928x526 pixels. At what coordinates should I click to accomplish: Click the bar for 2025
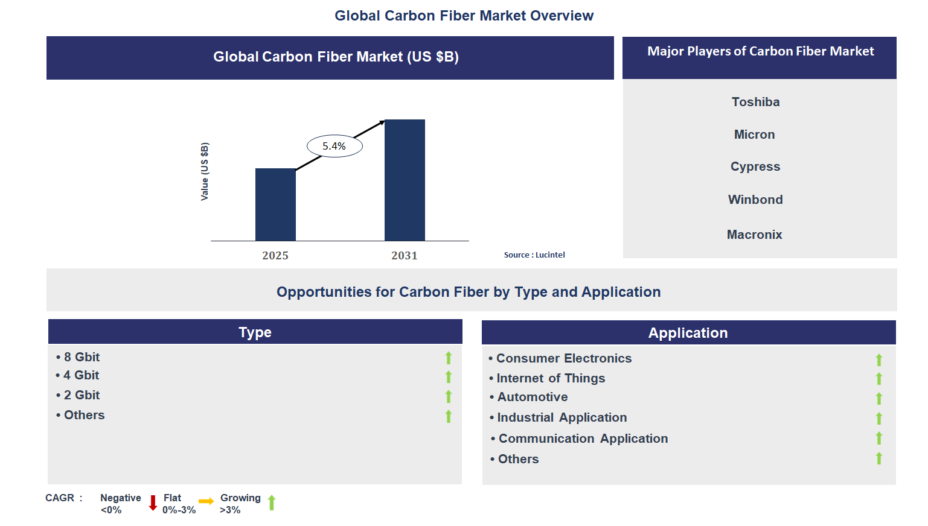click(x=275, y=204)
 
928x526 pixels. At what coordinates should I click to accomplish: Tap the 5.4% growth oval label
click(x=334, y=146)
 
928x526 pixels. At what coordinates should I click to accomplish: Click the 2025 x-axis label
click(x=275, y=256)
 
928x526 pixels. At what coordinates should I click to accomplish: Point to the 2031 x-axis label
click(x=405, y=256)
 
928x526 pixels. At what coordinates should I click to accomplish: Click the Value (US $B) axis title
click(x=205, y=172)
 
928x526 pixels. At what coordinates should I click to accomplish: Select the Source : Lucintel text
click(x=534, y=255)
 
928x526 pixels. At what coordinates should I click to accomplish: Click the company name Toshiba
click(x=755, y=102)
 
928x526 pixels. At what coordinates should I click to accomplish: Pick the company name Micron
click(x=754, y=135)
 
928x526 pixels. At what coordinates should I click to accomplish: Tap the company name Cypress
click(x=755, y=166)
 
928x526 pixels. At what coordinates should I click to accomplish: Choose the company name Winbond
click(x=755, y=200)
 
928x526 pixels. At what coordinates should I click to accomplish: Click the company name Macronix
click(x=754, y=235)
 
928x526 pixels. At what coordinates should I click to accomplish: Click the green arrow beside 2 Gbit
click(x=449, y=396)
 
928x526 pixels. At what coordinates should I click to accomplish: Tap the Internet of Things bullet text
click(x=550, y=378)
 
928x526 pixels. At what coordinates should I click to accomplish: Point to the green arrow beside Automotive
click(x=879, y=398)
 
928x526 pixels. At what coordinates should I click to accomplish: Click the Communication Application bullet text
click(x=583, y=439)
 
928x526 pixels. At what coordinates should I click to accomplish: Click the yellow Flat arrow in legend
click(x=206, y=501)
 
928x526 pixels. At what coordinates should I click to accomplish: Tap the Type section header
click(x=255, y=332)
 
